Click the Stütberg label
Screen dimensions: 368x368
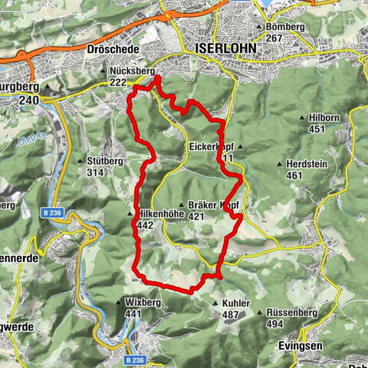coord(106,161)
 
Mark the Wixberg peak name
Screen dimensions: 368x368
coord(140,303)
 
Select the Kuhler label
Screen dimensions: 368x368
coord(236,304)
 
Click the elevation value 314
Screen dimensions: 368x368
coord(95,172)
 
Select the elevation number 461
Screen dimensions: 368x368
coord(294,176)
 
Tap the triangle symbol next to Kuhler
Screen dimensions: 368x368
coord(215,304)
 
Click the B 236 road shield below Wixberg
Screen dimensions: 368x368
coord(136,359)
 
